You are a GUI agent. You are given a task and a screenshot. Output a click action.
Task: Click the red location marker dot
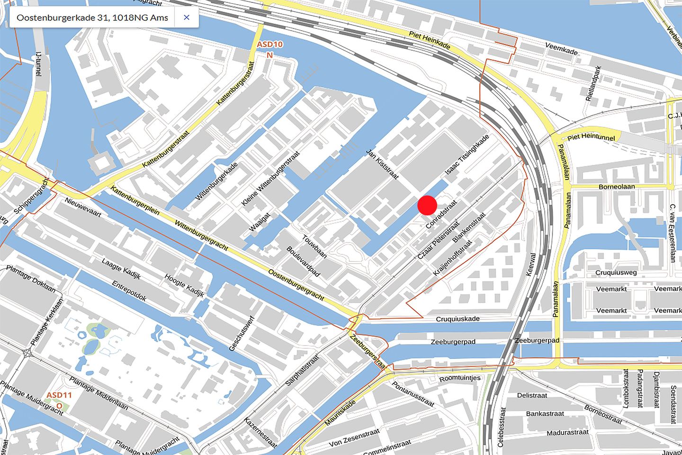[427, 205]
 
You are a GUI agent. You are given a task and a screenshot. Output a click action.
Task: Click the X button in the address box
[187, 18]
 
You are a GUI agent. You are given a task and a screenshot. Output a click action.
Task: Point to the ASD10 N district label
[269, 49]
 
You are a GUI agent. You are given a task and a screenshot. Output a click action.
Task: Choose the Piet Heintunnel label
[591, 137]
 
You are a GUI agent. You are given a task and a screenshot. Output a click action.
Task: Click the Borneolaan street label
[617, 186]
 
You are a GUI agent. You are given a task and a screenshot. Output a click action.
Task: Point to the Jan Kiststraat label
[382, 164]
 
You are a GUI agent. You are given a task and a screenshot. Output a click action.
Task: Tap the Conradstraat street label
[441, 214]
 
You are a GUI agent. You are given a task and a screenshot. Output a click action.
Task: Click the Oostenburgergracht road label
[296, 285]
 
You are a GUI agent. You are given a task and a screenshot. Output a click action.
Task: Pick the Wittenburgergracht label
[201, 235]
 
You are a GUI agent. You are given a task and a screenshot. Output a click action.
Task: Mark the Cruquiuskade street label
[458, 319]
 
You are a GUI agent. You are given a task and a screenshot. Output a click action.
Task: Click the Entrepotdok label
[129, 291]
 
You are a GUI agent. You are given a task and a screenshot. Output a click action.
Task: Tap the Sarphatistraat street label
[303, 370]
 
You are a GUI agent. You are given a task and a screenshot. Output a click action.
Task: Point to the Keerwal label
[531, 264]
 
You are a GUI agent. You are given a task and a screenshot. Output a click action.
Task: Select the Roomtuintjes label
[459, 378]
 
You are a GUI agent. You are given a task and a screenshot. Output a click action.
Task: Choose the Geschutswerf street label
[242, 334]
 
